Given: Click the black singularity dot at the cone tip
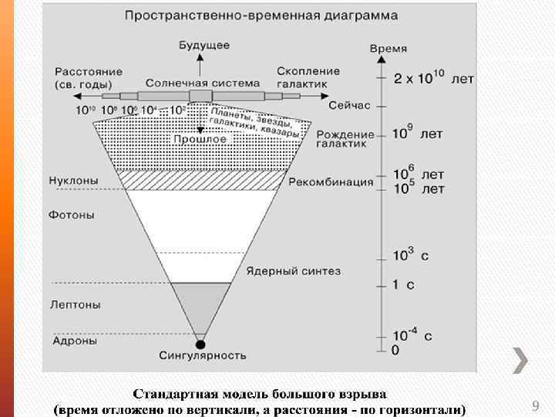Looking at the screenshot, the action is coord(201,344).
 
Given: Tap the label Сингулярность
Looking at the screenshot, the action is coord(203,356).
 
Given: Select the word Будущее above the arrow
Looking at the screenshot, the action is coord(203,46).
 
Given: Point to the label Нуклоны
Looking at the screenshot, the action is coord(74,181).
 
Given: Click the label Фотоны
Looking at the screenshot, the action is coord(72,215).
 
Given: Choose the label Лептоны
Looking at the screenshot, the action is coord(76,305).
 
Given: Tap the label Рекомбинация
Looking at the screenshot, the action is coord(331,183).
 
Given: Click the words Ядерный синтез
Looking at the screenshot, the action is coord(293,271).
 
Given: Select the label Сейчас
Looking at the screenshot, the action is coord(349,104).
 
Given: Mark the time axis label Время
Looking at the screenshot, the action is coord(388,49).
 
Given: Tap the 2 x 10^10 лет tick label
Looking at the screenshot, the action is coord(434,79).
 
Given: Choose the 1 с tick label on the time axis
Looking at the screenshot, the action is coord(403,285).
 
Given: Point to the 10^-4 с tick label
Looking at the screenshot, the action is coord(412,335).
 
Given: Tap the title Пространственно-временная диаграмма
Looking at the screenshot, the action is coord(261,15).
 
